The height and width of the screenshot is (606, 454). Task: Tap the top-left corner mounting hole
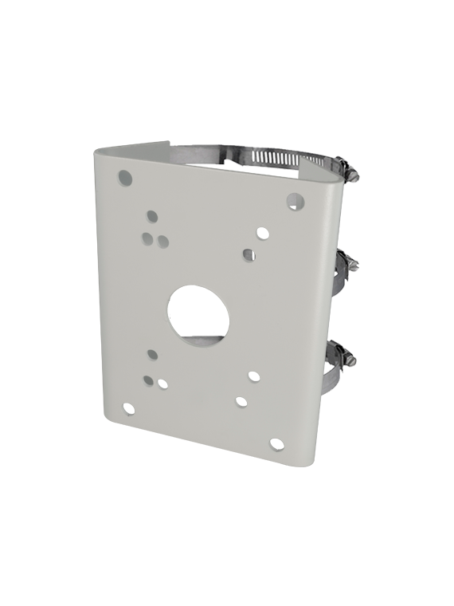click(124, 177)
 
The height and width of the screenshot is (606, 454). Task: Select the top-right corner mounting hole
click(294, 201)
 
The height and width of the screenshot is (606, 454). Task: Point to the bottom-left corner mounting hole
click(127, 409)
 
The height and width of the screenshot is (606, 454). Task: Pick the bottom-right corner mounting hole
click(276, 444)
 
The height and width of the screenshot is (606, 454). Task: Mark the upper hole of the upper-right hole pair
click(262, 234)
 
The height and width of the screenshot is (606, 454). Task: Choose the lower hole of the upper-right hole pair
click(249, 254)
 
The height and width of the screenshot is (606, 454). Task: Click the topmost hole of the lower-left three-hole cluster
click(153, 354)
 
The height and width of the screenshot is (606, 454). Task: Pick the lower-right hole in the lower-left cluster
click(162, 384)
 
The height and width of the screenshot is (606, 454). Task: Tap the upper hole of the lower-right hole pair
click(253, 376)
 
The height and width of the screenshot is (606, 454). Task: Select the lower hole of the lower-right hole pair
click(241, 402)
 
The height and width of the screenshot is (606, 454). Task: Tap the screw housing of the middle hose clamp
click(348, 262)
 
